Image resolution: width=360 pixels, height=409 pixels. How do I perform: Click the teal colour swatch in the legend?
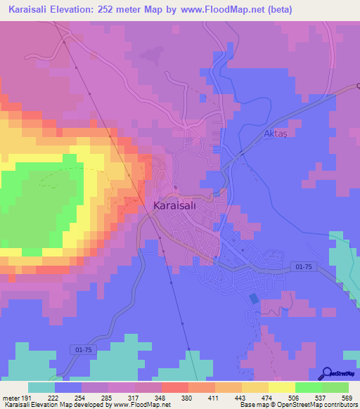pyautogui.click(x=41, y=387)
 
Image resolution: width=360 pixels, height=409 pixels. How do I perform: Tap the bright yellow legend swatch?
pyautogui.click(x=281, y=387)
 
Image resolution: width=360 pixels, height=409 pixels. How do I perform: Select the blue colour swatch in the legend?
pyautogui.click(x=68, y=387)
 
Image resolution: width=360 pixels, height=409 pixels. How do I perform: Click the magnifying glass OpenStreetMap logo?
pyautogui.click(x=326, y=374)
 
